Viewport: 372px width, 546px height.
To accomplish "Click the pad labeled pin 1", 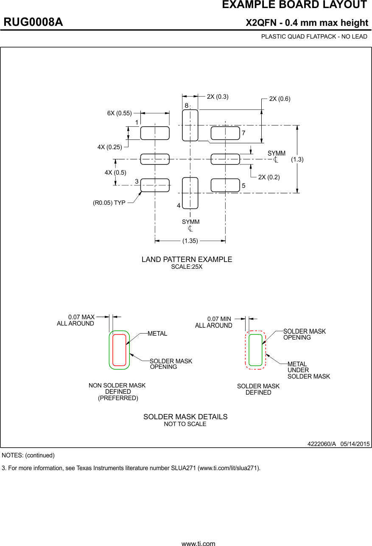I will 155,133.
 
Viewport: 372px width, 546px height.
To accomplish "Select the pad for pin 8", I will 190,125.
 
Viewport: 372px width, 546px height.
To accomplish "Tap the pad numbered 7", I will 225,133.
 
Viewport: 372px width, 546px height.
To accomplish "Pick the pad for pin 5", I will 225,185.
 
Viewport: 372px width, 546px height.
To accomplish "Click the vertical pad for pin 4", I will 190,193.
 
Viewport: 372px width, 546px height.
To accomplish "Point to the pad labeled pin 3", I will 155,185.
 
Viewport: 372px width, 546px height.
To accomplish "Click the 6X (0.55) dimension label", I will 119,113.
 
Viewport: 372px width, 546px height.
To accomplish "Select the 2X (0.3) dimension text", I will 218,97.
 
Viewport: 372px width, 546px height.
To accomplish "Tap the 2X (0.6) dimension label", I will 280,99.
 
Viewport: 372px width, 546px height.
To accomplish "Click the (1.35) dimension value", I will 190,241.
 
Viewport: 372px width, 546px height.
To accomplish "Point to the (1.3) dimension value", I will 297,159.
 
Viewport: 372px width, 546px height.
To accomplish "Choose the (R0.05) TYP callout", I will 109,203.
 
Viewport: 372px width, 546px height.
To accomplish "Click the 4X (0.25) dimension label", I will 109,147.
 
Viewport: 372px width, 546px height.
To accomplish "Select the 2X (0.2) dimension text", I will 269,177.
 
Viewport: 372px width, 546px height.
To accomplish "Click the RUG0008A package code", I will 34,22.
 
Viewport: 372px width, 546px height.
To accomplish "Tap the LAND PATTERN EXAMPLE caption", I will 187,259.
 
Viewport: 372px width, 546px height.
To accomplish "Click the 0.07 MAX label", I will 81,317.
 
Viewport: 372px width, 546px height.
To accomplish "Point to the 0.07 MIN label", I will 219,319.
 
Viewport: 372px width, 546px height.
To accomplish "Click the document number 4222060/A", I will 322,444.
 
